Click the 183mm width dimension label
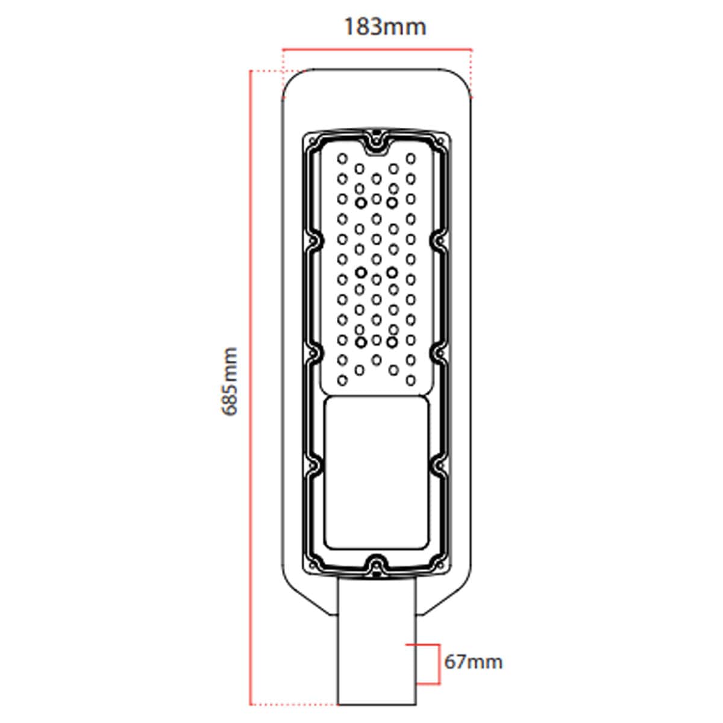(384, 27)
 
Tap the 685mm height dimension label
(230, 381)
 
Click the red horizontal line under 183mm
(377, 50)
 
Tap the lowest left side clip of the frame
(314, 464)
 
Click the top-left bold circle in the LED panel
(361, 202)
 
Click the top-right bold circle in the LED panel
(392, 202)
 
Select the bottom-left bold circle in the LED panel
(361, 342)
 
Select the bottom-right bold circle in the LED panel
(392, 342)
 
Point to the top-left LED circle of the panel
(342, 158)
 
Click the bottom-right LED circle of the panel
(411, 380)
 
